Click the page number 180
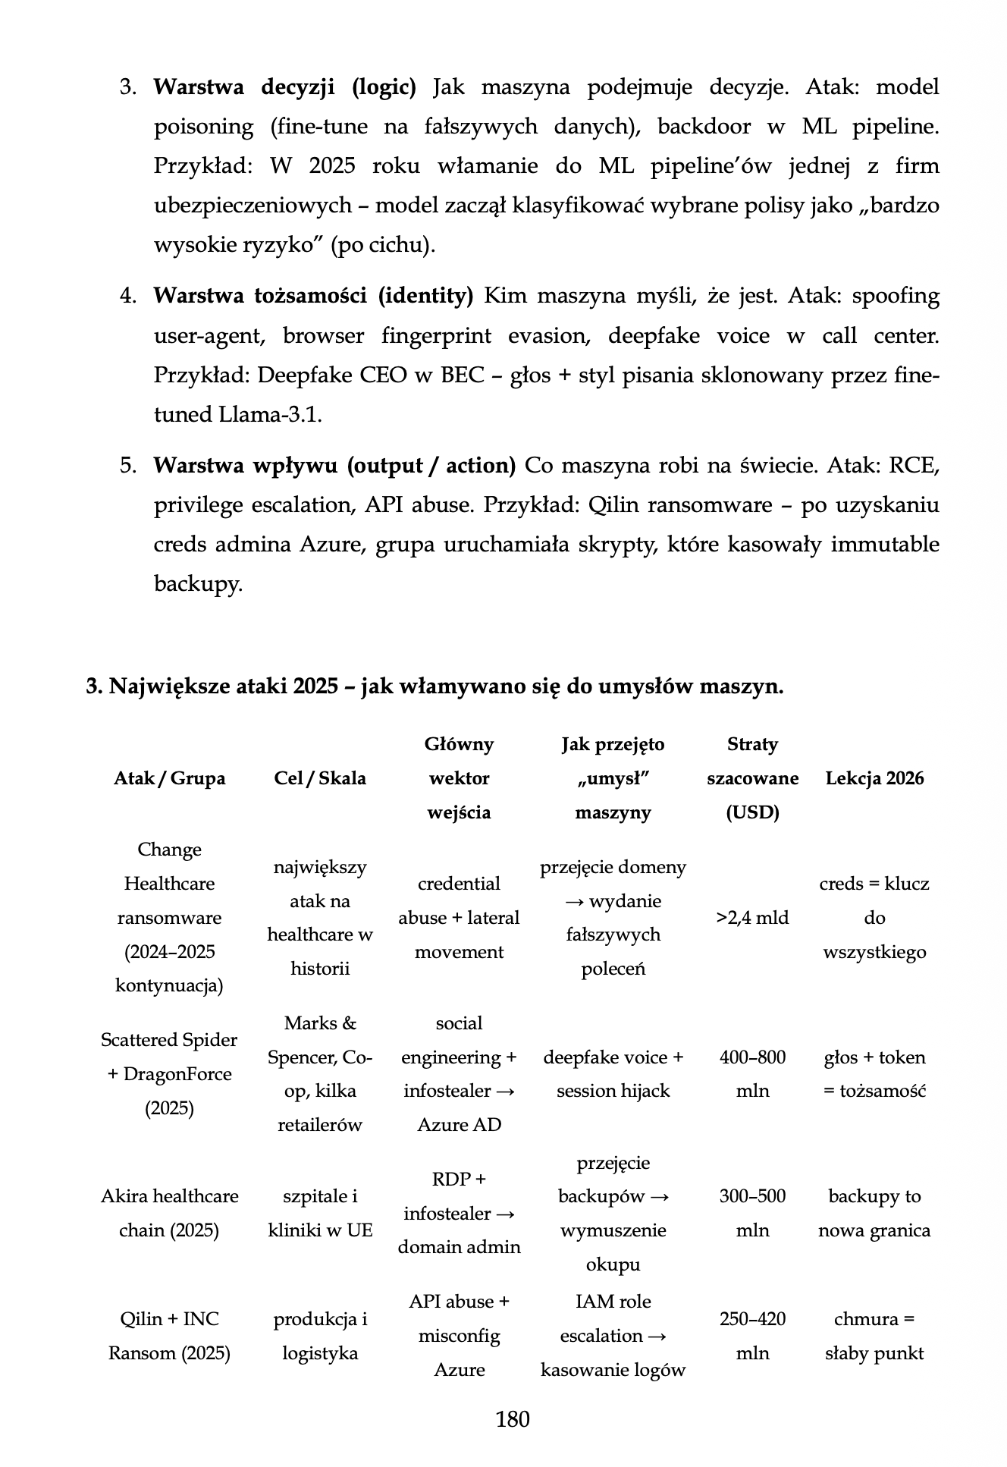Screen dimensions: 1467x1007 pos(512,1418)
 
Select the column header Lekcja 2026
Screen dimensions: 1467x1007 pos(874,778)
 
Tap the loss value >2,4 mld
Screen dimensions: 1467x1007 pos(752,918)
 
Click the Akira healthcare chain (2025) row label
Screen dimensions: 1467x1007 pos(169,1213)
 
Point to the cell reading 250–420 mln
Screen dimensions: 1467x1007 pos(752,1336)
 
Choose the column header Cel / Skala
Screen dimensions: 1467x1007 pos(319,778)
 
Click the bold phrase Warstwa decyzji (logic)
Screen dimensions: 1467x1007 pos(285,87)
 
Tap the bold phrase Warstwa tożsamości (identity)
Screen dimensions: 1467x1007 pos(313,296)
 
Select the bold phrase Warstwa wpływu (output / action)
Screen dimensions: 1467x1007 pos(334,466)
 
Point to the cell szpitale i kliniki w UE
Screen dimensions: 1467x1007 pos(320,1213)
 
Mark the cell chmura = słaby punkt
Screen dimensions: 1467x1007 pos(874,1336)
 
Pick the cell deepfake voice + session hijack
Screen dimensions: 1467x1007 pos(613,1074)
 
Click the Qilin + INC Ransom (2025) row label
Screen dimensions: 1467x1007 pos(169,1336)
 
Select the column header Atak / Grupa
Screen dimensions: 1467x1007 pos(169,778)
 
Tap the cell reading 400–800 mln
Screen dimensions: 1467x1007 pos(752,1074)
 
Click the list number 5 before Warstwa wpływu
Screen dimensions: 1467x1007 pos(127,466)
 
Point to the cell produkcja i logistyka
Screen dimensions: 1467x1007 pos(320,1336)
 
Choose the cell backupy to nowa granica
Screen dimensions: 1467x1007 pos(874,1213)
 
